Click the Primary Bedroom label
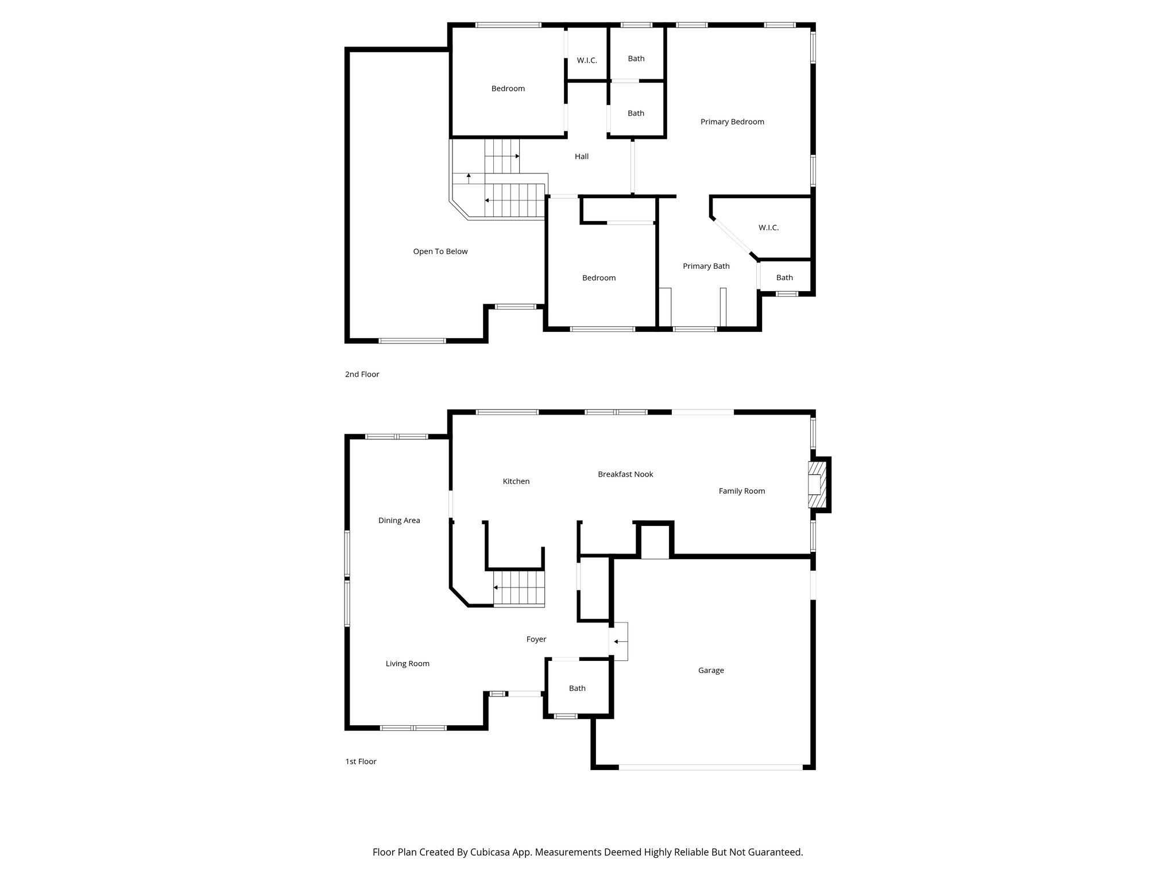732,122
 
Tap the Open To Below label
440,252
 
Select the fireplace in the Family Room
815,485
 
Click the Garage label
711,670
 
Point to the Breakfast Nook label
625,474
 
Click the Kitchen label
516,481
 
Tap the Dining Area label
399,521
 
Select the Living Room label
408,664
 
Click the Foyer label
536,639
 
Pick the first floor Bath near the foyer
577,688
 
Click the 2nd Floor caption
362,374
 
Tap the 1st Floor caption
361,761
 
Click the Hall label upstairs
582,156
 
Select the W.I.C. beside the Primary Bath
768,228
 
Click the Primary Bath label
706,266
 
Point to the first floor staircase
519,588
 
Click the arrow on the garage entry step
620,641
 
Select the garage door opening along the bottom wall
710,767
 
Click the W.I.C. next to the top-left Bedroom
587,60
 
